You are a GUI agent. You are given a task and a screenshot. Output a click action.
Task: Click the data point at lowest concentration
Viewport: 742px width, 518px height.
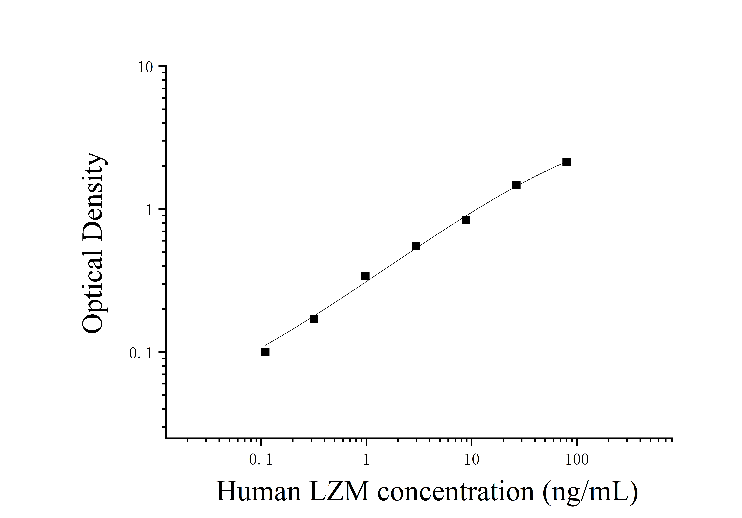click(265, 352)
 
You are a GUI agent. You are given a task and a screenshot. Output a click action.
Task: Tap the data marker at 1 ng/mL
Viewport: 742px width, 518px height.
click(365, 276)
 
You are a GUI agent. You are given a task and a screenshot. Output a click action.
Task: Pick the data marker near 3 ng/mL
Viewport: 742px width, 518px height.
click(416, 246)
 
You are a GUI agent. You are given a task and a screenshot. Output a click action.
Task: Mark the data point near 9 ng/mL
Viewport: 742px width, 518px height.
click(466, 220)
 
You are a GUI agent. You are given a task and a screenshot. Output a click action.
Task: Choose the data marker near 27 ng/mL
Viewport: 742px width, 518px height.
click(516, 185)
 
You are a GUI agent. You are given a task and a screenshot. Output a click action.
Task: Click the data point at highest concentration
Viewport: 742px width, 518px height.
click(566, 162)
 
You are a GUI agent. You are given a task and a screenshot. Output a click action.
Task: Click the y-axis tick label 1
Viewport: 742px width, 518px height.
click(149, 211)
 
